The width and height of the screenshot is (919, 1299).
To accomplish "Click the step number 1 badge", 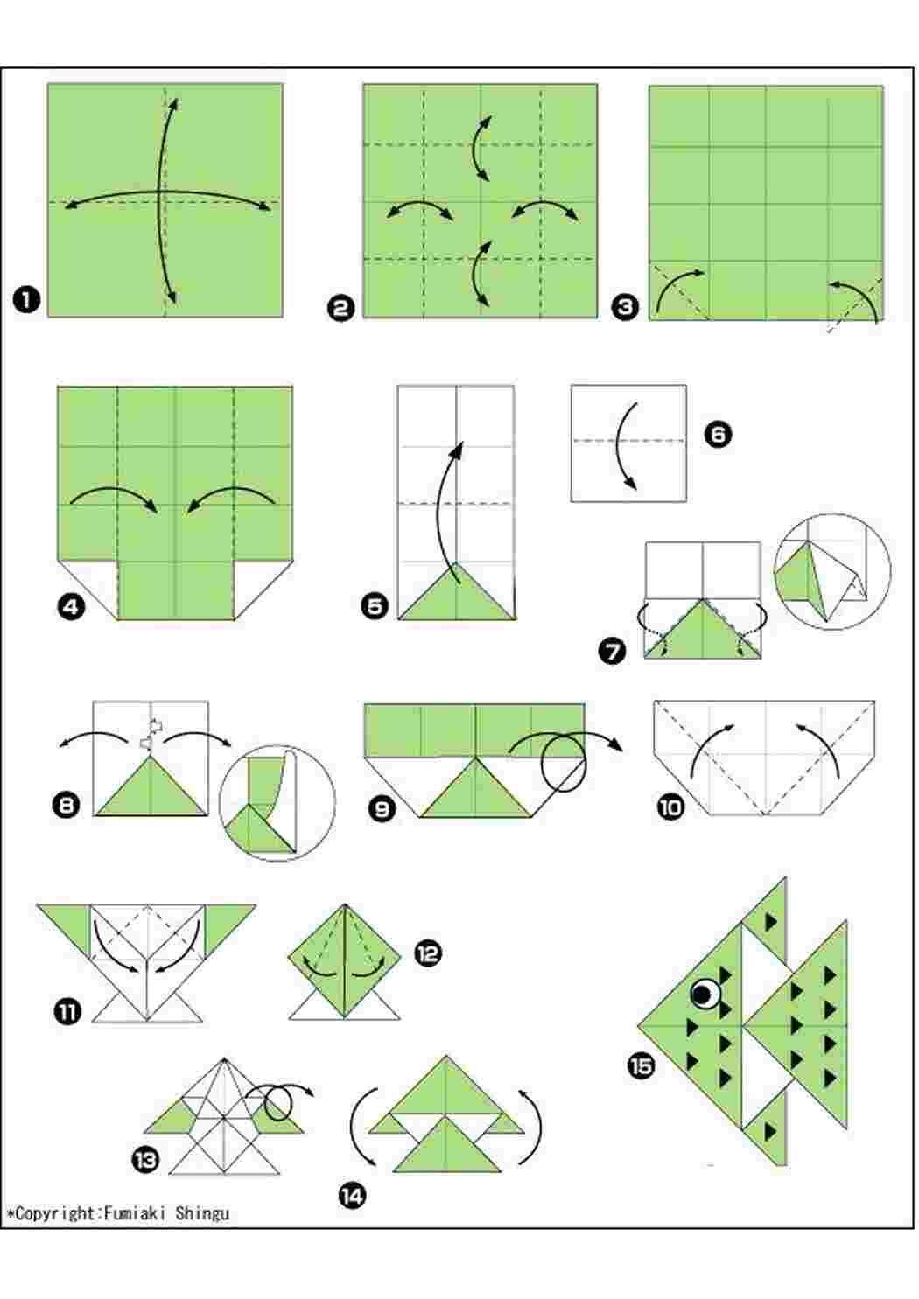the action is coord(26,302).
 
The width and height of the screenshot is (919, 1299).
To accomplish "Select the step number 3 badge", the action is coord(626,305).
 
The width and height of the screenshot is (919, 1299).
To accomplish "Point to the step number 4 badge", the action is coord(71,607).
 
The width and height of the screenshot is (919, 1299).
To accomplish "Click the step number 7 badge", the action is coord(613,651).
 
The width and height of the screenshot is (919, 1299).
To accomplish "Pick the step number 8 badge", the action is coord(67,806).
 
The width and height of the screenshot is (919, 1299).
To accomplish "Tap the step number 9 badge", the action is coord(382,808).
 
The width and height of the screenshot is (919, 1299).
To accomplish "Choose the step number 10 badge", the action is coord(670,807).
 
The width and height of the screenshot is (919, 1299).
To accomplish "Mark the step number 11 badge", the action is coord(68,1013).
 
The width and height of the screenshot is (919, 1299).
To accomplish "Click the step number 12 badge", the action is coord(428,953).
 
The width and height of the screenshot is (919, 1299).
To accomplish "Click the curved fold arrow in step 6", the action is coord(618,442).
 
